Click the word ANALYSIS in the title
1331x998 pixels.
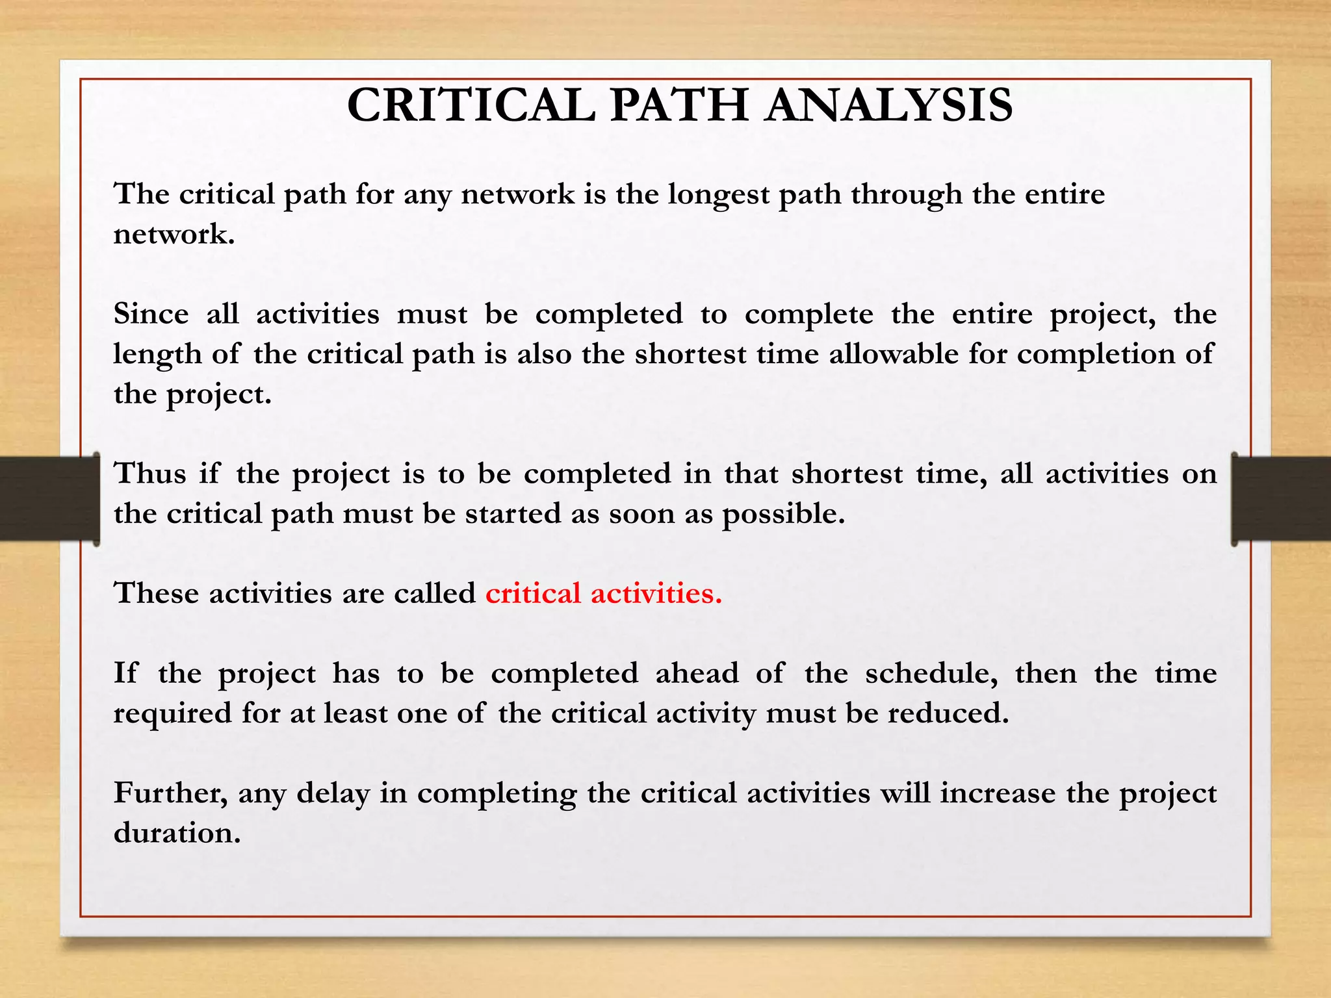(x=888, y=105)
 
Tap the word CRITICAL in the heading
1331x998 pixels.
(x=471, y=105)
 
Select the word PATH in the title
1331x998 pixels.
(x=679, y=105)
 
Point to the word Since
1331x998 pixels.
(x=151, y=314)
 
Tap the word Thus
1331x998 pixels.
(x=150, y=474)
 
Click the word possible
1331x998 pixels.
(x=782, y=515)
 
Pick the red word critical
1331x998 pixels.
(x=533, y=594)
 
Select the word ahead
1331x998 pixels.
(x=697, y=673)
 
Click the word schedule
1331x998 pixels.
(x=931, y=673)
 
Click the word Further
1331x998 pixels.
(x=170, y=793)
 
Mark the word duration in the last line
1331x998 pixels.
(x=176, y=834)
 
